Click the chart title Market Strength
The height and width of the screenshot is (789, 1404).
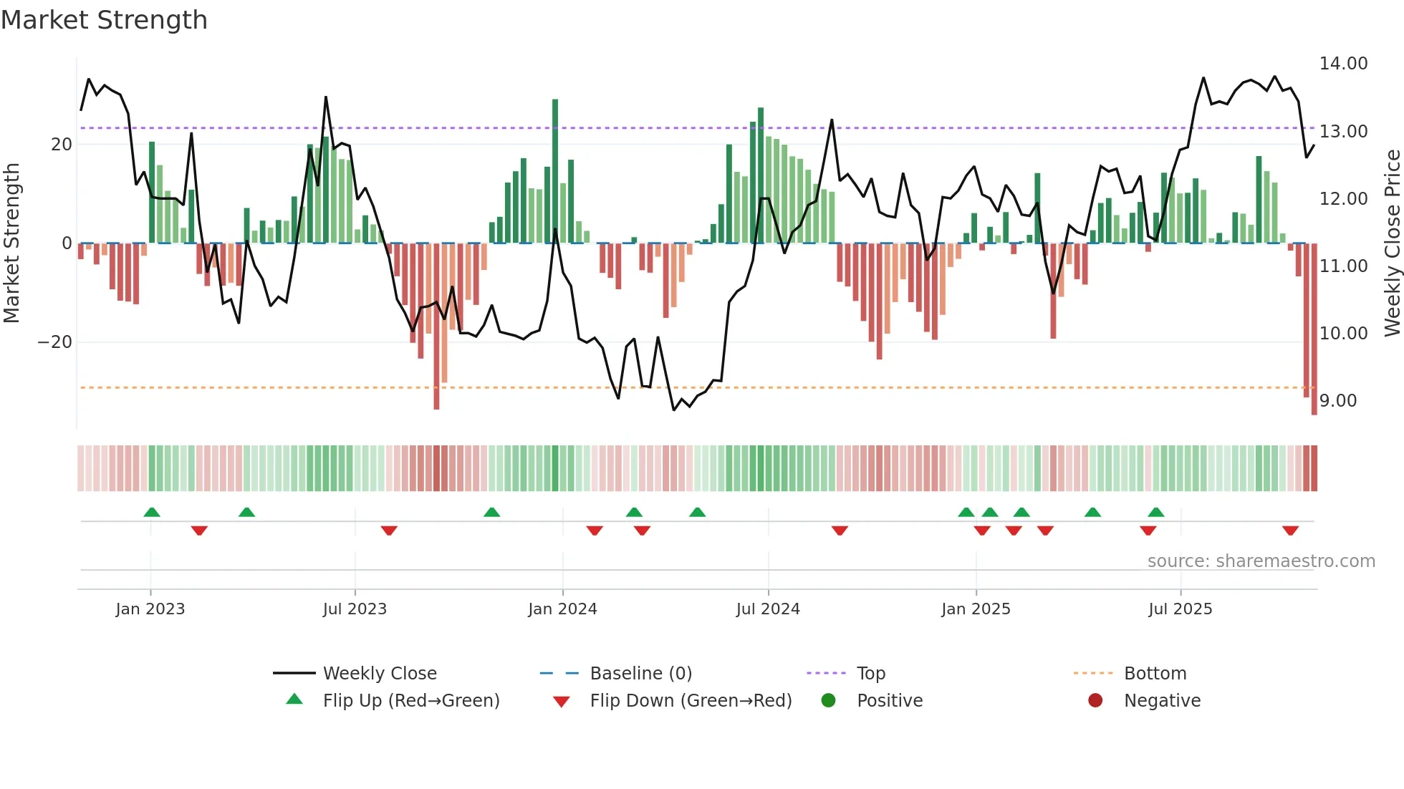[104, 20]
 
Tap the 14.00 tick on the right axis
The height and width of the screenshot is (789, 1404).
[1343, 64]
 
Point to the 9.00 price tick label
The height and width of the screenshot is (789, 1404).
[1337, 401]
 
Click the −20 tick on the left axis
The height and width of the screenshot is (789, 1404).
[54, 342]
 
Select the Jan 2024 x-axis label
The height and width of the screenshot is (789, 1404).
[562, 609]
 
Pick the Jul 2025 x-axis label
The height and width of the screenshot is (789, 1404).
[1180, 609]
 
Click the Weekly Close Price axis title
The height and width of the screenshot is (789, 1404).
[1392, 243]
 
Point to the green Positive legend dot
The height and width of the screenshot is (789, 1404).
[828, 701]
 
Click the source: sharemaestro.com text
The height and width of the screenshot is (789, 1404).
[1261, 561]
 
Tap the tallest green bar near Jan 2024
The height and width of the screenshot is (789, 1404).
[555, 172]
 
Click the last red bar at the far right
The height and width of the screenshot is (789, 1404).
[1314, 329]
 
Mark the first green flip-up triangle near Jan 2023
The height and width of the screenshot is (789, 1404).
[152, 512]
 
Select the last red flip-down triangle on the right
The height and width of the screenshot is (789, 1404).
[1290, 531]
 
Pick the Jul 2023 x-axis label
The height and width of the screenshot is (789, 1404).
[355, 609]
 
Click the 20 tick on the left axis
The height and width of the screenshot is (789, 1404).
[62, 145]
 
